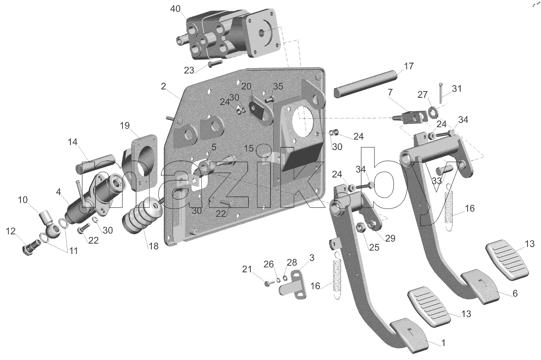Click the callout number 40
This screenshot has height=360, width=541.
coord(175,9)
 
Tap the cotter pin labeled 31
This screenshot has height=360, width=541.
coord(441,92)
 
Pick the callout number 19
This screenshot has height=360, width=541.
coord(125,126)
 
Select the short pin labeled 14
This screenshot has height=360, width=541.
coord(96,164)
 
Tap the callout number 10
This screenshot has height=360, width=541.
coord(23,200)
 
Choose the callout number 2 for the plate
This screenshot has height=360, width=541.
coord(163,86)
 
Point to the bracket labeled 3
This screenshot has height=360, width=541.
coord(293,285)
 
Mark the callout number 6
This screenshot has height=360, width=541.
coord(515,293)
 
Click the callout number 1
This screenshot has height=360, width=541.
coord(443,343)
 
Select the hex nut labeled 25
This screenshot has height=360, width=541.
coord(361,227)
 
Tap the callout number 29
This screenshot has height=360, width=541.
coord(390,238)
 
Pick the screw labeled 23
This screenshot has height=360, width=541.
coord(215,64)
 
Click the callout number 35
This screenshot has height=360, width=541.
coord(278,86)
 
